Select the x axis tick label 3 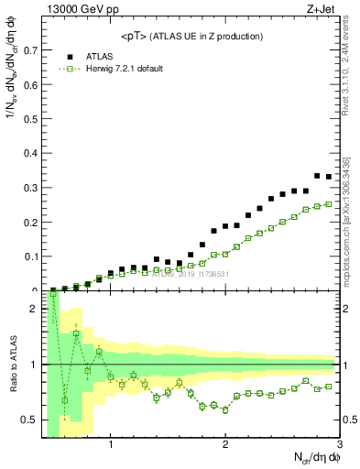click(339, 444)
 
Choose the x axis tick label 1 click(111, 444)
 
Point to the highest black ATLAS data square click(317, 175)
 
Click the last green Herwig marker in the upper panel click(329, 203)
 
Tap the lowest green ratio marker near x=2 click(225, 409)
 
